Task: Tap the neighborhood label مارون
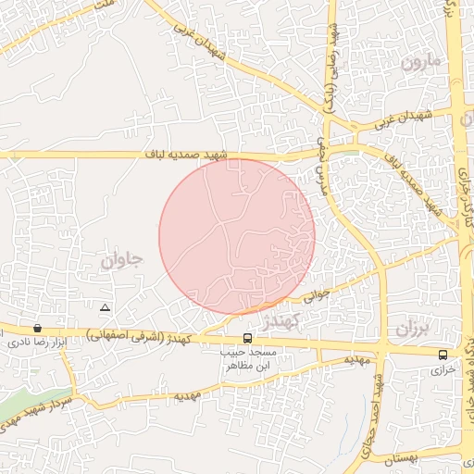(424, 65)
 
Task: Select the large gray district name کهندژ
(278, 321)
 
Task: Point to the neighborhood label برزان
(414, 329)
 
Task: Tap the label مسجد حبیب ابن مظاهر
(248, 359)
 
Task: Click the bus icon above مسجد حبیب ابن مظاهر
(247, 339)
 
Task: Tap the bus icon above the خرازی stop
(443, 354)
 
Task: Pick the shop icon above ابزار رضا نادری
(37, 328)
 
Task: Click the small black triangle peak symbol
(105, 306)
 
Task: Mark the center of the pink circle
(237, 236)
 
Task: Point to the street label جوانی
(318, 296)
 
